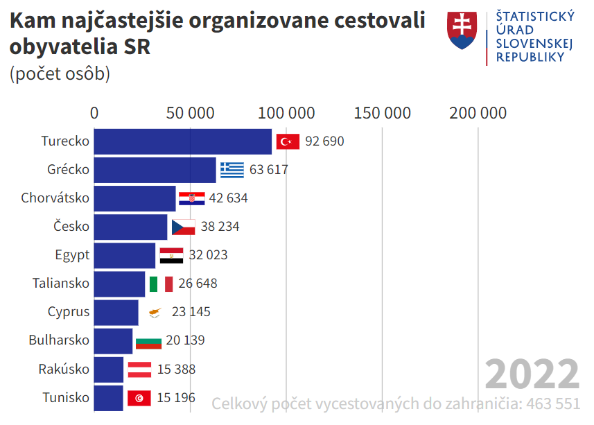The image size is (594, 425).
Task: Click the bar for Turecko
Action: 182,141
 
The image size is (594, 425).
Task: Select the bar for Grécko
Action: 155,170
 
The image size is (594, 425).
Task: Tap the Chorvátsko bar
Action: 134,198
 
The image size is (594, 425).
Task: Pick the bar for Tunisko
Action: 108,398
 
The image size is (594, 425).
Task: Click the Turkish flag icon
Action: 287,141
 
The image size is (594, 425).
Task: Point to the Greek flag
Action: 232,170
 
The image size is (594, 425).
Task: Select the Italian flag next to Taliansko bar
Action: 161,284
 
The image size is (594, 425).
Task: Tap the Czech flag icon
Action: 183,227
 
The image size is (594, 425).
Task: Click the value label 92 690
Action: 324,141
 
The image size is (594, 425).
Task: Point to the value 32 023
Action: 208,255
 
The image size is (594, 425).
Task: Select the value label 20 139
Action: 185,340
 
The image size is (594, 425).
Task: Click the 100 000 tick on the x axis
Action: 287,113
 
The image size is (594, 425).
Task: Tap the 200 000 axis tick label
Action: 478,113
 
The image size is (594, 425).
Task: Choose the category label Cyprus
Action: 69,312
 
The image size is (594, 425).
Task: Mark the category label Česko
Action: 71,227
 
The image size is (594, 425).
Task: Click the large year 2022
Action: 532,374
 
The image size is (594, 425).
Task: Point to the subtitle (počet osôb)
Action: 60,73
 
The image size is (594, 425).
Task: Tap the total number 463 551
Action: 553,404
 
